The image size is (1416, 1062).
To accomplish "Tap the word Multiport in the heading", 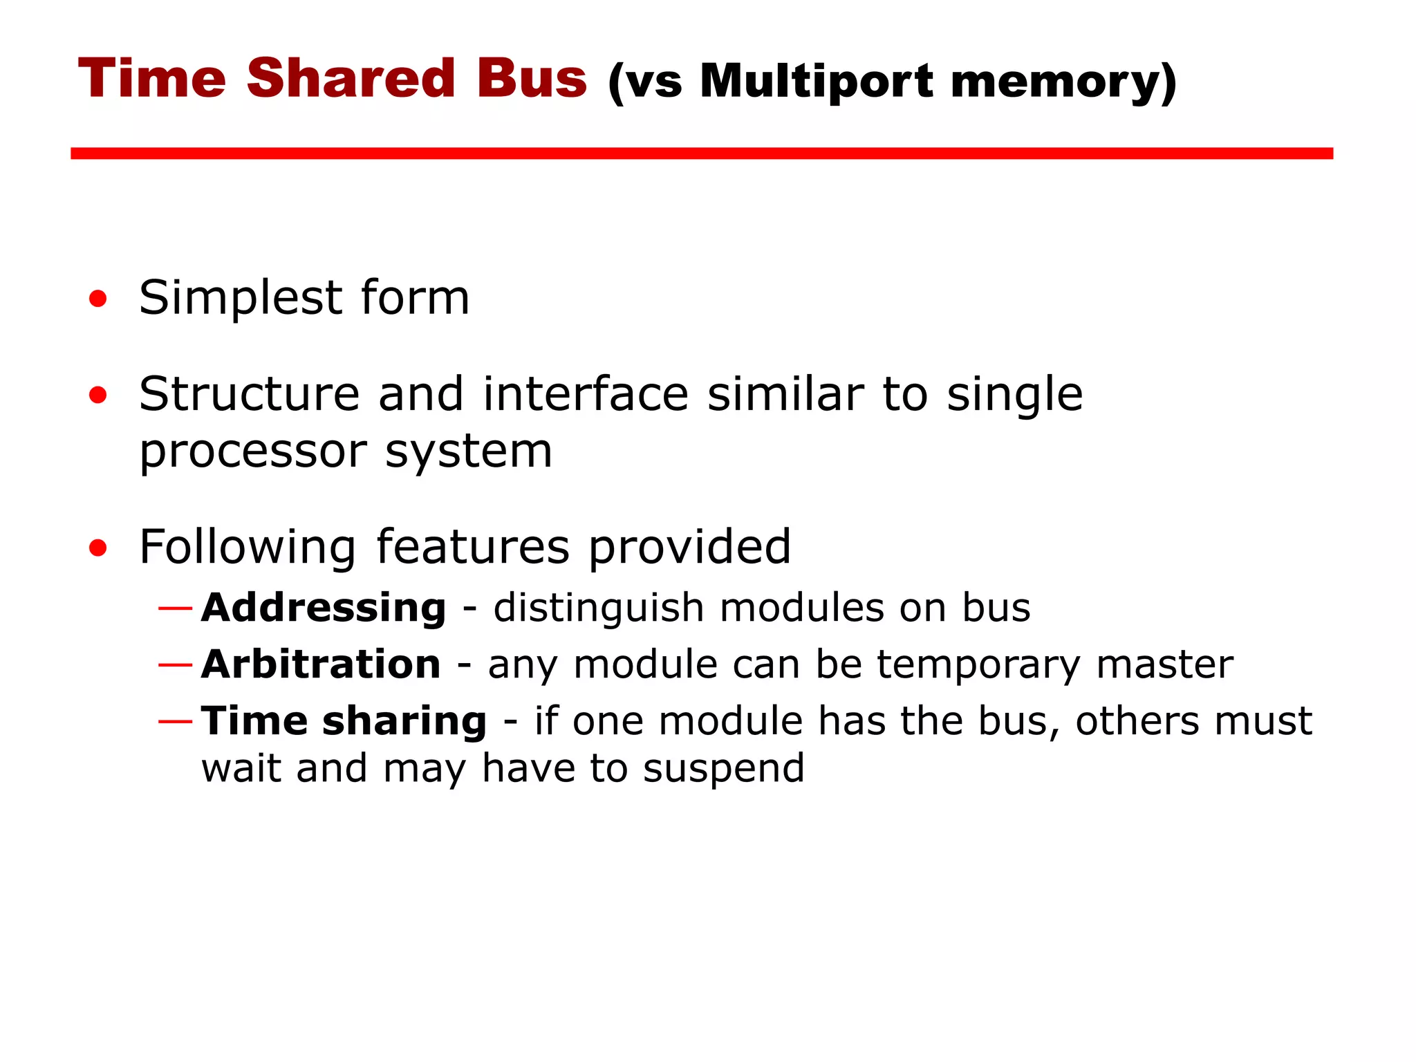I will pos(817,81).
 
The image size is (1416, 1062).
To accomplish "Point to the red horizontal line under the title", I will pos(701,153).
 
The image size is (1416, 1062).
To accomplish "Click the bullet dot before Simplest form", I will pos(98,299).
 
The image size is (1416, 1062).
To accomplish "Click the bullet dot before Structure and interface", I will pos(98,395).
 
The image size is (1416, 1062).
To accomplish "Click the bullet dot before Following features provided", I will pos(98,548).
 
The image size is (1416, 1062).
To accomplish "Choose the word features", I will pos(473,547).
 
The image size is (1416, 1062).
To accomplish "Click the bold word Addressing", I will pos(324,608).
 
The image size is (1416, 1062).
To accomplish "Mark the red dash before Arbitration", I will pos(175,665).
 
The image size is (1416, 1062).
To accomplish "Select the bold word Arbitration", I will pos(321,664).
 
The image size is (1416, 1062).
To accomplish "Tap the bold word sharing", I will pos(404,722).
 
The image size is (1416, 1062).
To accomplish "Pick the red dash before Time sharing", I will pos(175,722).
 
